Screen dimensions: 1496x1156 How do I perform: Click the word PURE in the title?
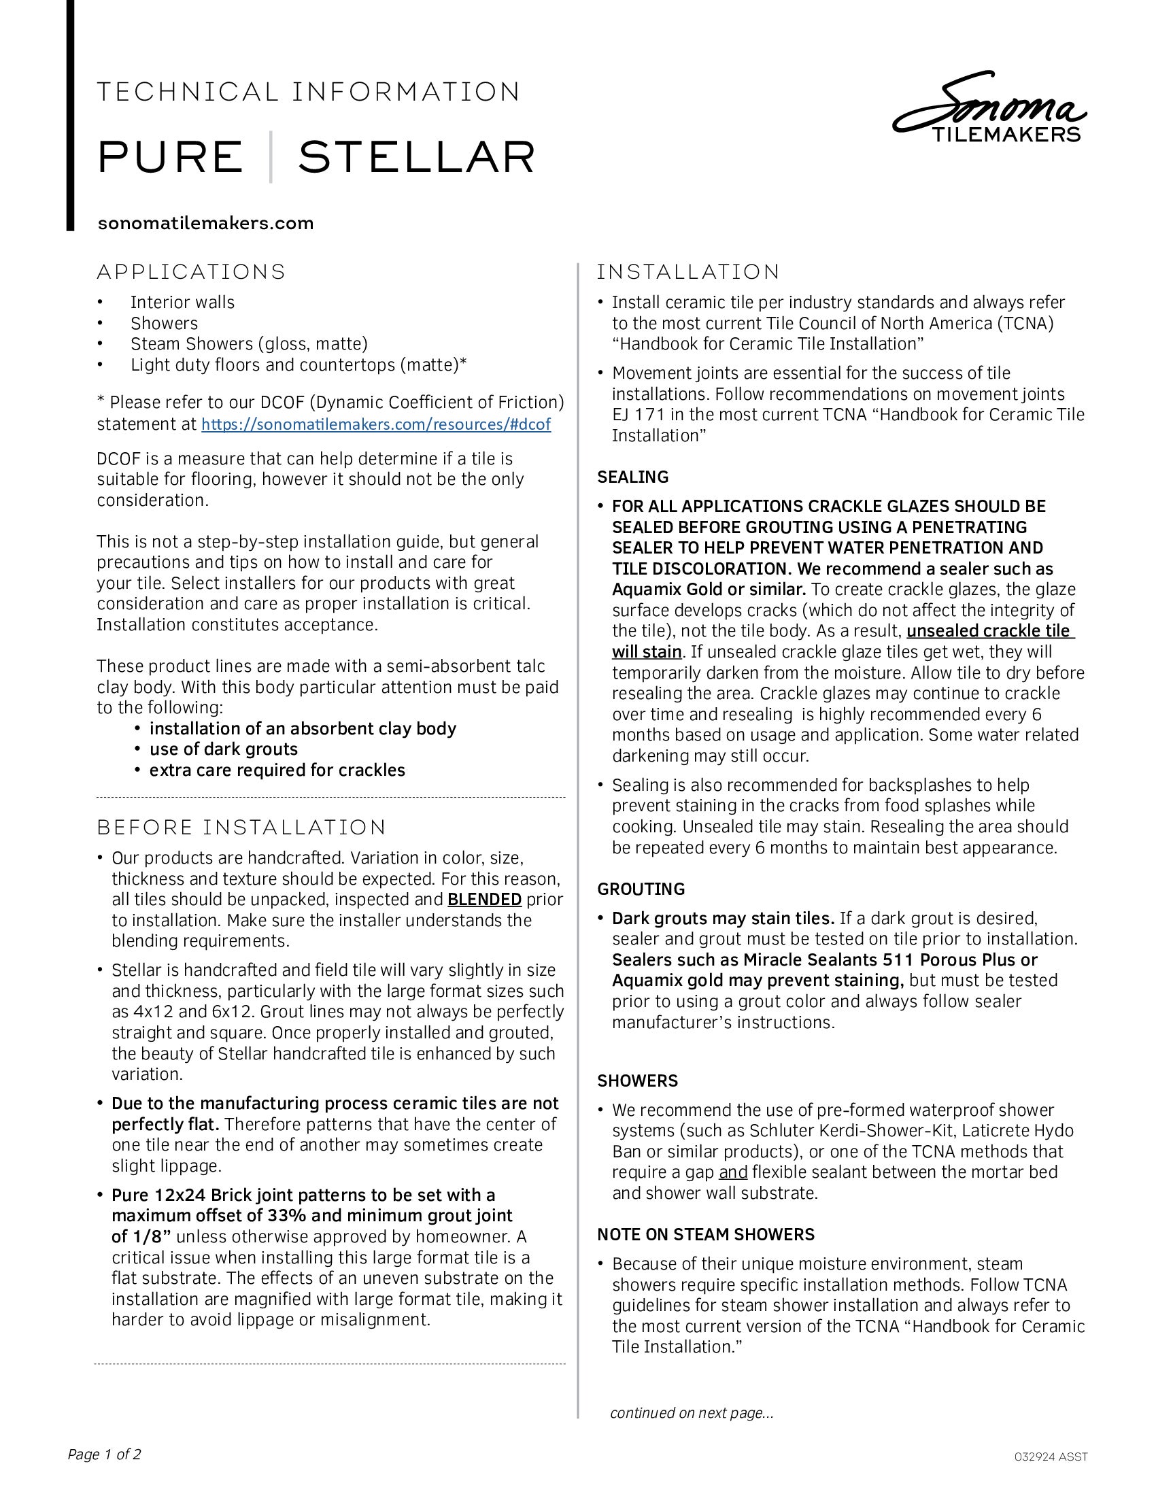[x=171, y=158]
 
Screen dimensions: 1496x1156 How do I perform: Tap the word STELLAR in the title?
[x=416, y=158]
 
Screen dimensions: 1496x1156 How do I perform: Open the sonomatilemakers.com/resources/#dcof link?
[x=376, y=425]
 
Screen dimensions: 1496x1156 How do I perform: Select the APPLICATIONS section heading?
[x=191, y=272]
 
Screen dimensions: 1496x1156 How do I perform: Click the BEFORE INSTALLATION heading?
[x=242, y=828]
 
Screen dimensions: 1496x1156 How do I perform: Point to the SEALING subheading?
[x=633, y=477]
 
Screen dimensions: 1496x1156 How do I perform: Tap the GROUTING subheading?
[x=641, y=889]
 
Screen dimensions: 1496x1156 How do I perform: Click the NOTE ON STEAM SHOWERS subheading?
[x=706, y=1234]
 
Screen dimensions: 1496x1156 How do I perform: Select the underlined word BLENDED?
[x=484, y=900]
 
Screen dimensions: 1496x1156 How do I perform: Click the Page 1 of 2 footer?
[x=104, y=1455]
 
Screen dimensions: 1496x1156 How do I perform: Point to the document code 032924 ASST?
[x=1051, y=1457]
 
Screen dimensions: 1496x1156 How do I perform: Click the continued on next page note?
[x=692, y=1413]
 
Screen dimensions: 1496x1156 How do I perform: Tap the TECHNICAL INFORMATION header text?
[x=309, y=92]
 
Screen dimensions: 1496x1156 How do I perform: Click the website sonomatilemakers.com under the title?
[x=205, y=223]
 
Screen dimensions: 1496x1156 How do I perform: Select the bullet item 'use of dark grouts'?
[x=223, y=749]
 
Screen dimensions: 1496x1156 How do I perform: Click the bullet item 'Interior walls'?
[x=182, y=303]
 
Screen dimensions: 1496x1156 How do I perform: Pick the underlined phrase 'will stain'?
[x=647, y=652]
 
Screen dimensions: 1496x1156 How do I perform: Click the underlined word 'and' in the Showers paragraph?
[x=733, y=1172]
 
